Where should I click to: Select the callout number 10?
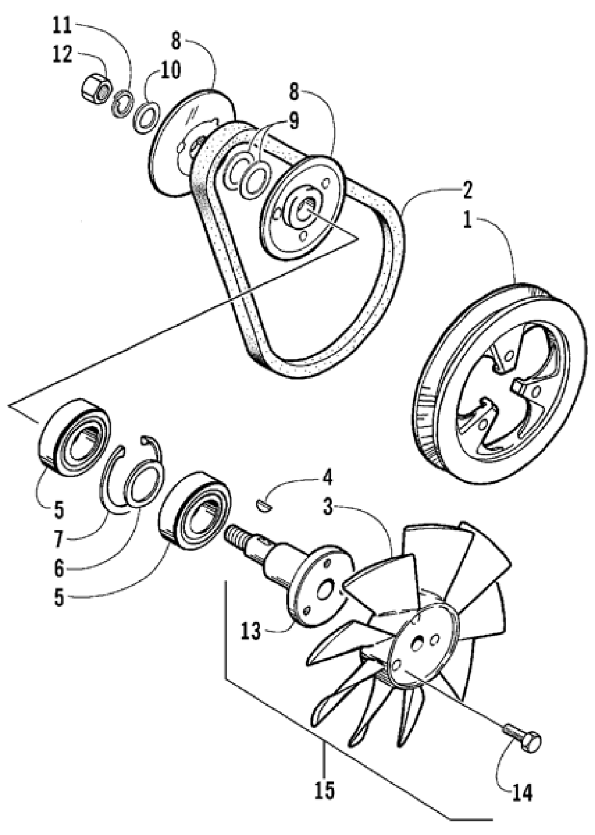point(170,70)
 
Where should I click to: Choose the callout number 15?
point(325,790)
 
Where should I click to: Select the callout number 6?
point(58,568)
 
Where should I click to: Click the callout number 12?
point(62,55)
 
